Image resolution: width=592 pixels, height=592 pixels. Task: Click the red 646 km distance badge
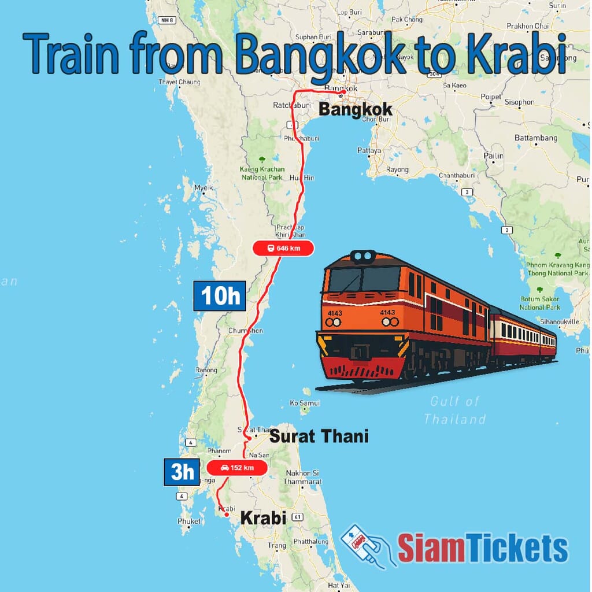[x=283, y=248]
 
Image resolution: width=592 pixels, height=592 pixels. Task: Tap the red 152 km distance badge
[x=236, y=468]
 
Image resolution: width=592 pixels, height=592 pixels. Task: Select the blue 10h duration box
[x=220, y=296]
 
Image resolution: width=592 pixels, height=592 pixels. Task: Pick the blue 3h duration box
[x=182, y=472]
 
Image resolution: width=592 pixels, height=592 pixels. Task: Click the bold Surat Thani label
[x=319, y=435]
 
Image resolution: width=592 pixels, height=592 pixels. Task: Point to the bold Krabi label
[x=263, y=518]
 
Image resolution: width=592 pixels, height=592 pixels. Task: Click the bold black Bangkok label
[x=355, y=109]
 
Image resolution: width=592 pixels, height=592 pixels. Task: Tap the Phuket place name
[x=190, y=521]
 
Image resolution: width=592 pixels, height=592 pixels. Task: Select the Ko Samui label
[x=305, y=402]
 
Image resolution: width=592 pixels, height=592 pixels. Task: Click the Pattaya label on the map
[x=369, y=150]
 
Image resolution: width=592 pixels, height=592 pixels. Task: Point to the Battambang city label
[x=536, y=138]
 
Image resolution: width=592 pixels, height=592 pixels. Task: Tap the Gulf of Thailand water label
[x=454, y=410]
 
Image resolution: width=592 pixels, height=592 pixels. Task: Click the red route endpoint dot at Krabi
[x=227, y=515]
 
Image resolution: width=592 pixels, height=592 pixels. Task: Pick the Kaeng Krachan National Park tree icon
[x=262, y=160]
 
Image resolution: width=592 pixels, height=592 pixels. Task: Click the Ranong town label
[x=206, y=370]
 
